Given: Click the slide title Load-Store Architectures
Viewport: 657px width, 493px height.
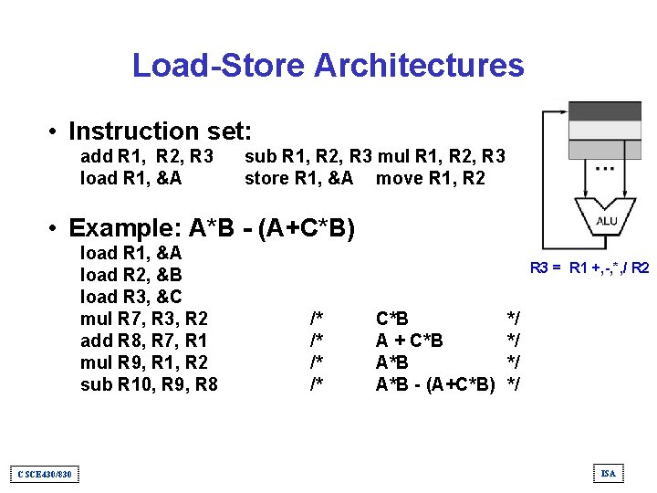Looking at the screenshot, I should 328,66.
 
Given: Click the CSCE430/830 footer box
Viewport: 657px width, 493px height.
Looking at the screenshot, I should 45,473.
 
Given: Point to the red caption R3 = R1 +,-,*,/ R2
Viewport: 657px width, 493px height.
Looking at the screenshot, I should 589,268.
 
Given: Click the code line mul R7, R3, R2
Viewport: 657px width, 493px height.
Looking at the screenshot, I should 144,319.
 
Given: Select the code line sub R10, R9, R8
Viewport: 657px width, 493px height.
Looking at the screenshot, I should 149,384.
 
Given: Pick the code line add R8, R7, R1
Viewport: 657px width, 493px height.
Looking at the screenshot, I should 144,341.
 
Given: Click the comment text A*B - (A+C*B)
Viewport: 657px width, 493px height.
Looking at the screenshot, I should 435,384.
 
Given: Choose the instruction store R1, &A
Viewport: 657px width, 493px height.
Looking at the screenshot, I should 298,178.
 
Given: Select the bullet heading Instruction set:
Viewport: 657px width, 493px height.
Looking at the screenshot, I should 160,131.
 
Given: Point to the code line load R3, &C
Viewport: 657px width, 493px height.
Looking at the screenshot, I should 131,297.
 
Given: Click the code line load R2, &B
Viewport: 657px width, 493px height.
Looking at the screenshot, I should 131,275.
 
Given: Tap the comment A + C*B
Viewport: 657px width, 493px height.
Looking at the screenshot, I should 410,341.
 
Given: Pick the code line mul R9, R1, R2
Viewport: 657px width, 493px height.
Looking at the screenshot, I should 144,362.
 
